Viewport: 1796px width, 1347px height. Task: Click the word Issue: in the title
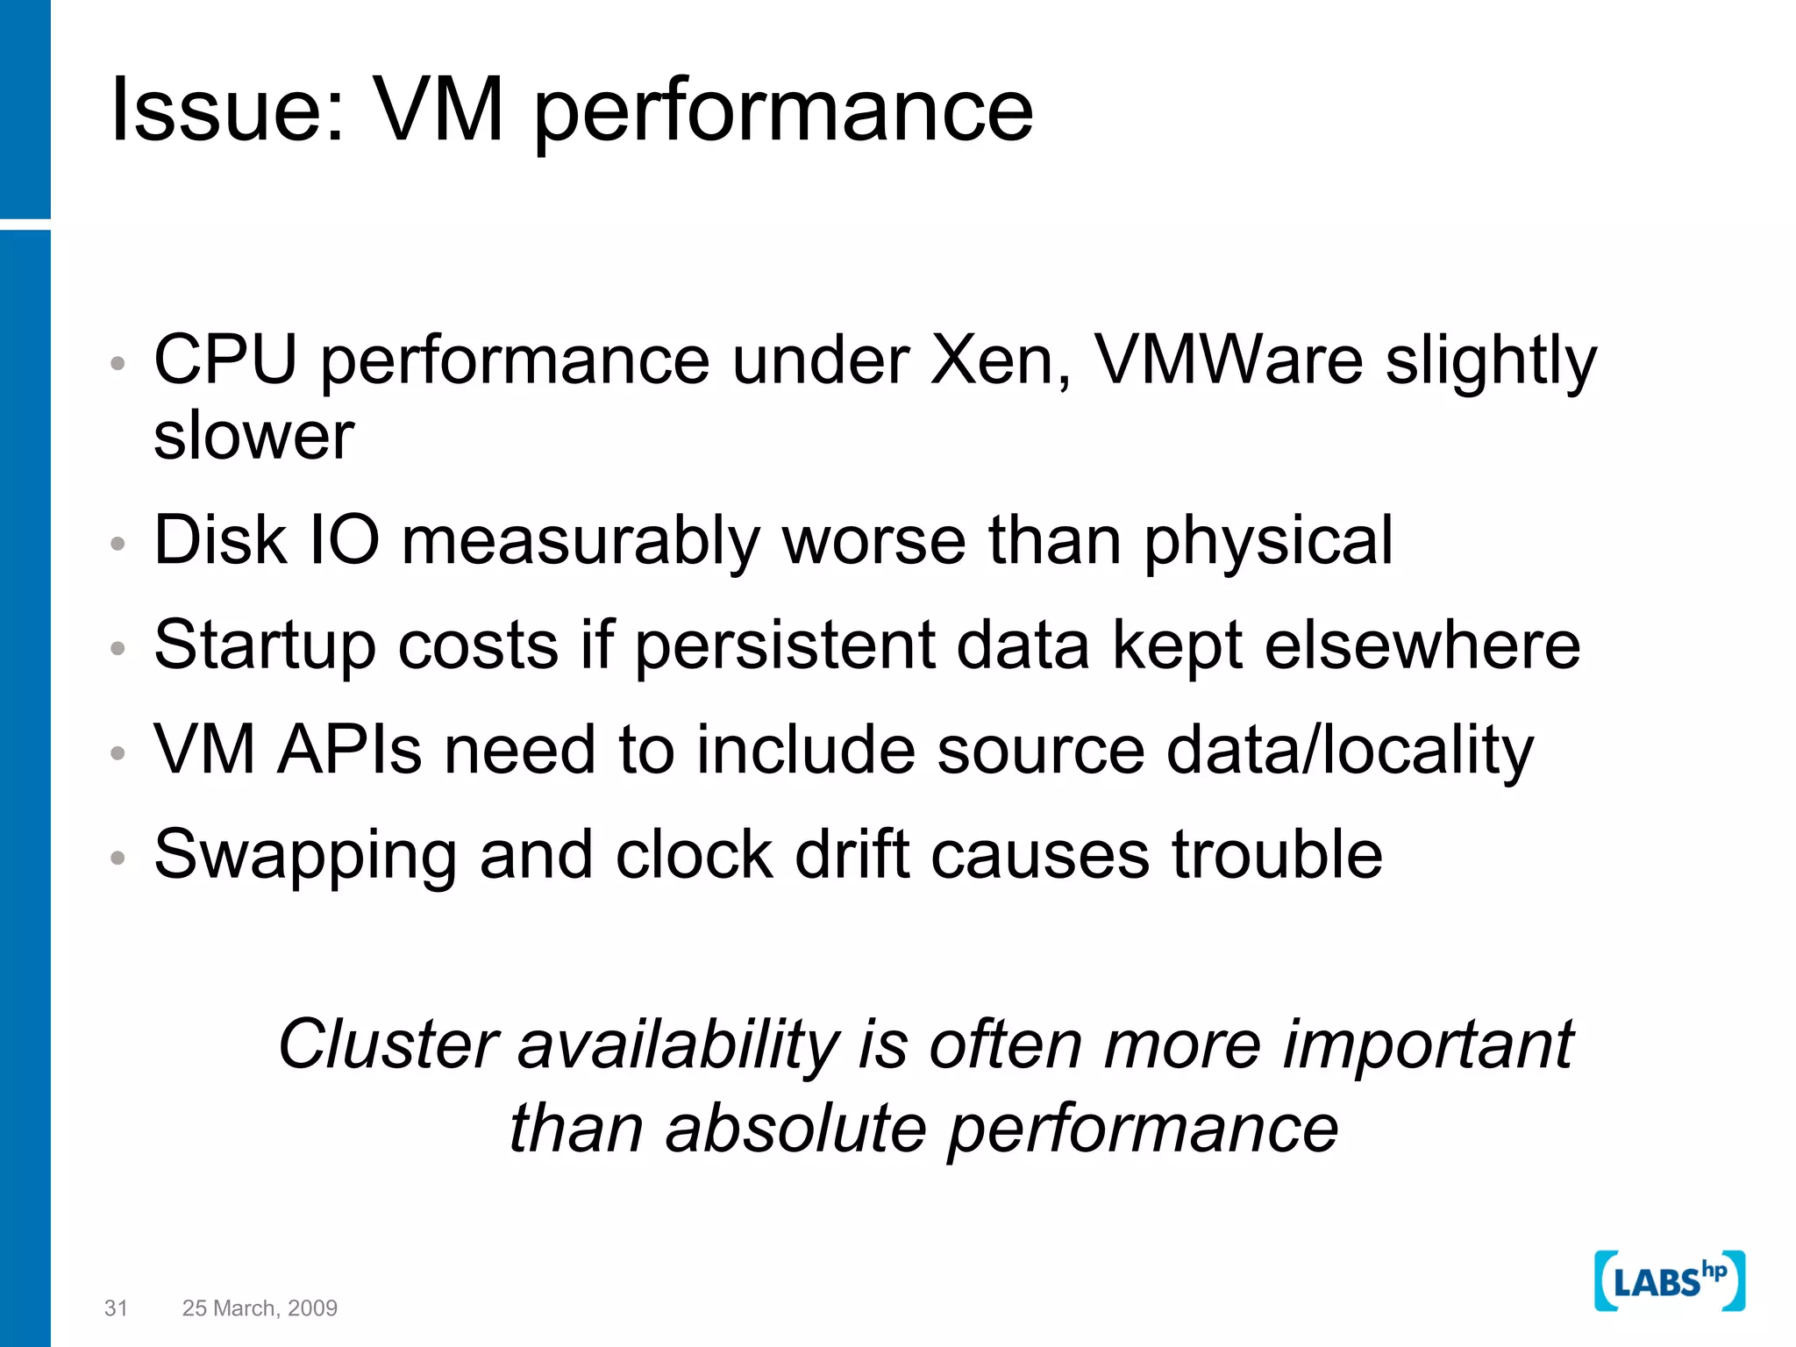click(x=228, y=110)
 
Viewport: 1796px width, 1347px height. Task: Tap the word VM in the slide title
click(x=438, y=110)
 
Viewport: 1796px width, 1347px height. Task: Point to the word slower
click(x=253, y=435)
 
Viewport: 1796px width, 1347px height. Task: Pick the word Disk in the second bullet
click(x=220, y=539)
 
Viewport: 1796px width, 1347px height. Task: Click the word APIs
click(x=350, y=750)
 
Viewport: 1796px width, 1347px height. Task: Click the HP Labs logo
click(x=1669, y=1281)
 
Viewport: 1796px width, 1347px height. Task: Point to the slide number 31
click(x=116, y=1308)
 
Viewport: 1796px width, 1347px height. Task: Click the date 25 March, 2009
click(x=260, y=1308)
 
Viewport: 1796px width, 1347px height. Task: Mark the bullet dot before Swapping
click(x=118, y=857)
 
